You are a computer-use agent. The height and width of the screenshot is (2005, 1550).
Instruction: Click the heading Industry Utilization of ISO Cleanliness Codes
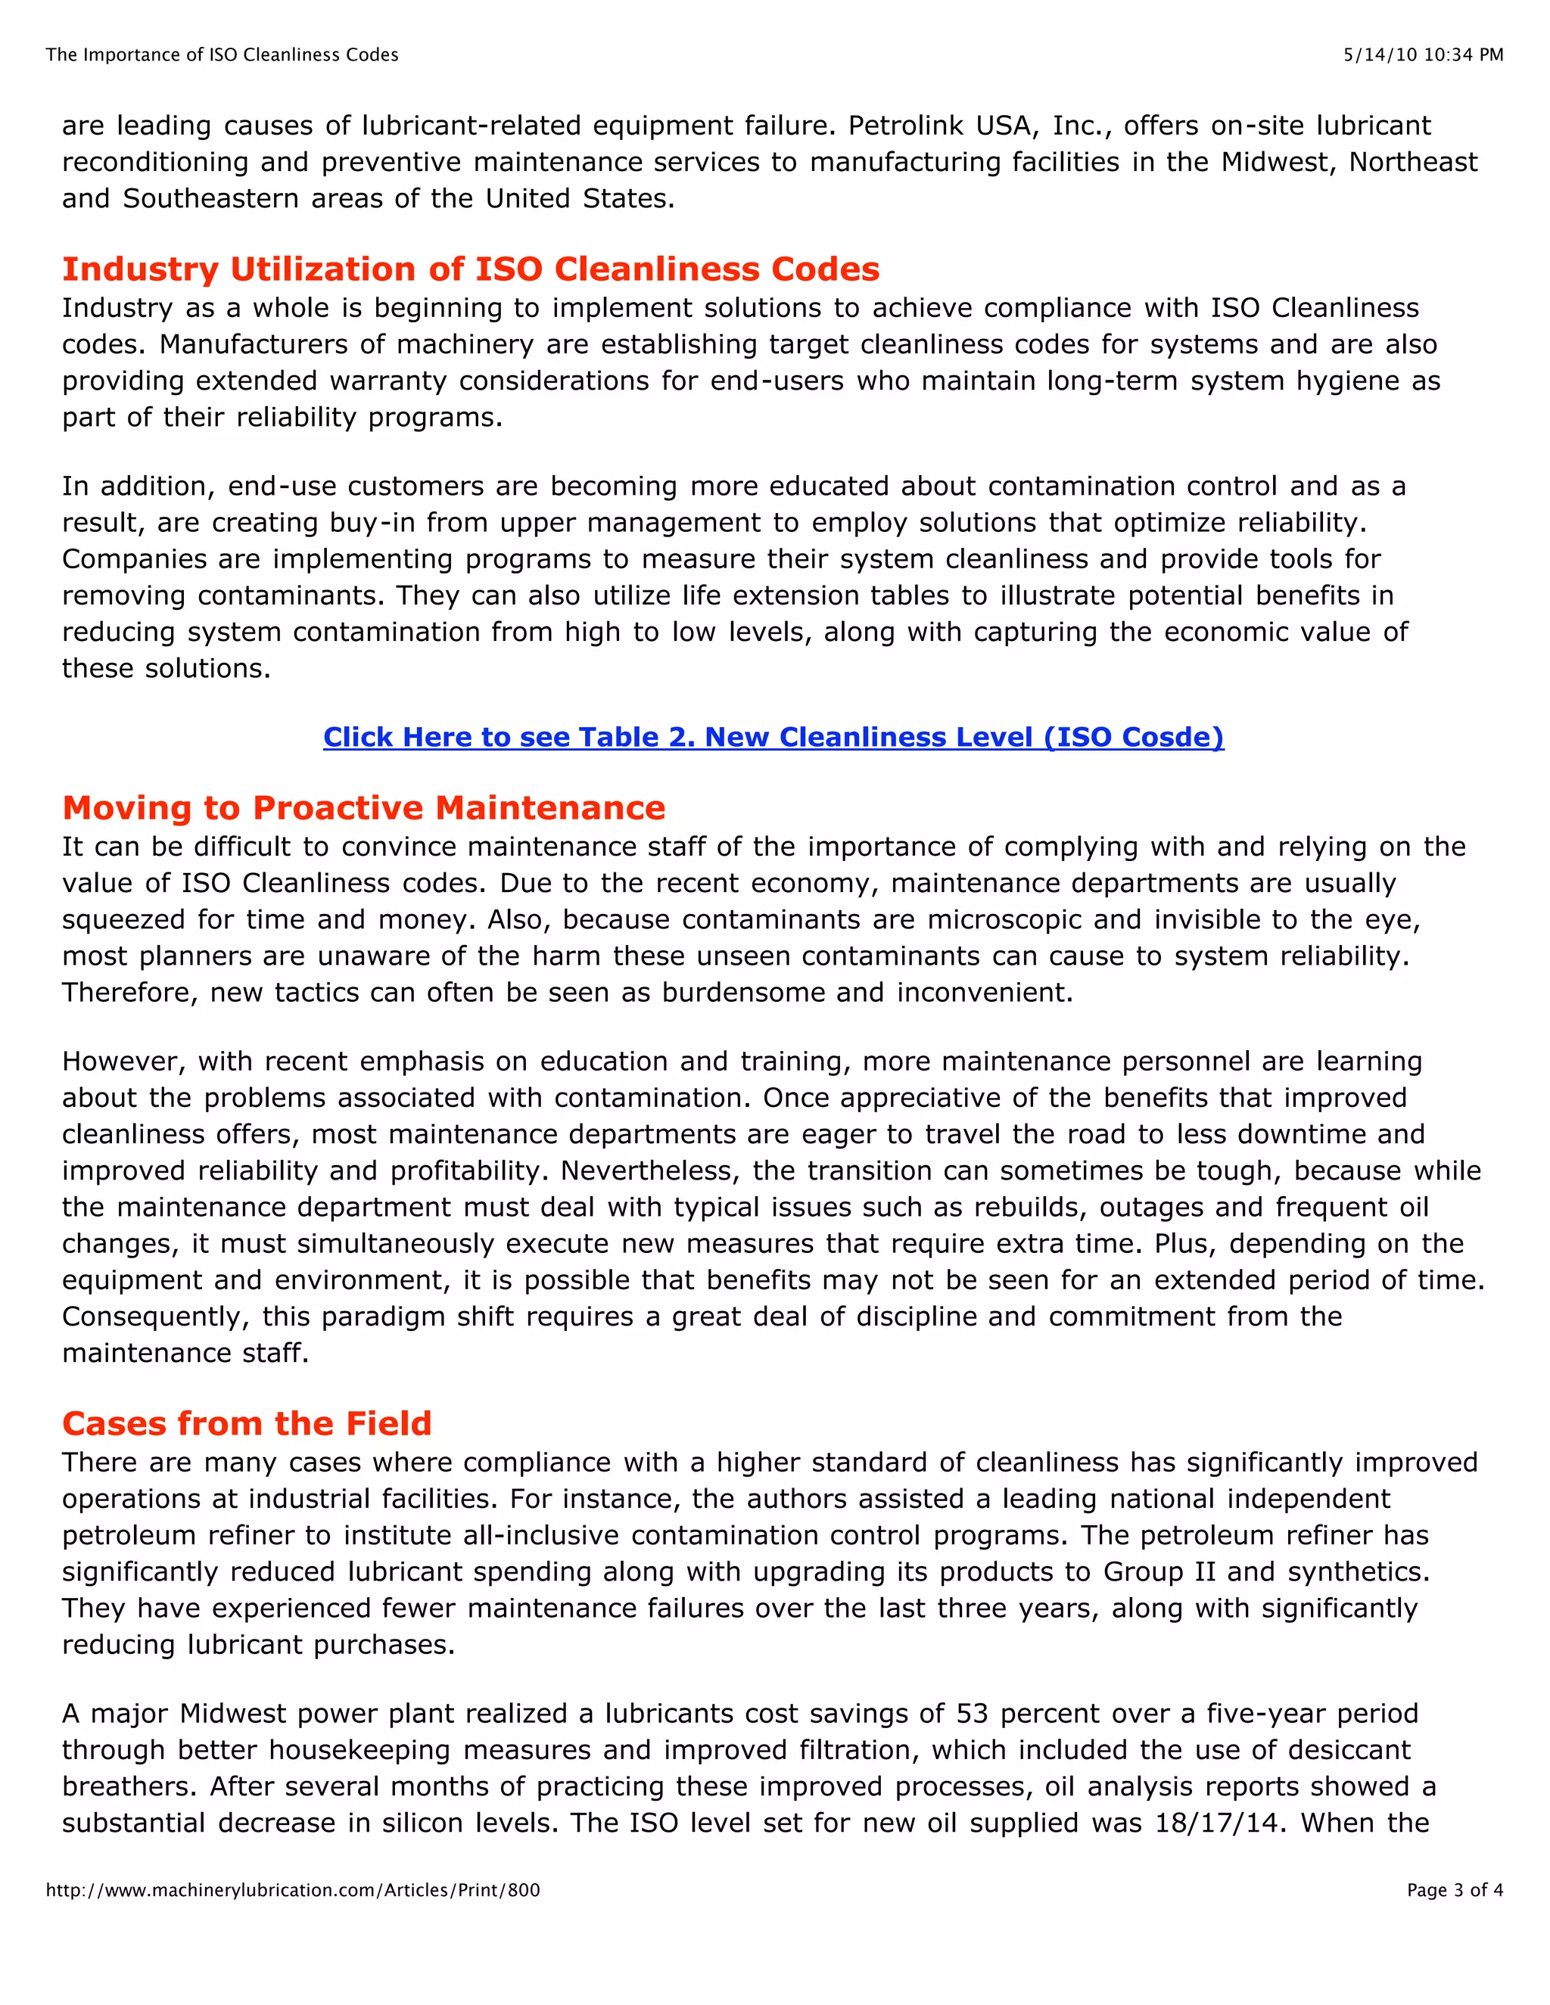pos(470,269)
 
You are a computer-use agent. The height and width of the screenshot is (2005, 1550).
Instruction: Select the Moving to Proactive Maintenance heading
pos(363,808)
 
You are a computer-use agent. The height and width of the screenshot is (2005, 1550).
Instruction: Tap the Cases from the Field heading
pos(246,1423)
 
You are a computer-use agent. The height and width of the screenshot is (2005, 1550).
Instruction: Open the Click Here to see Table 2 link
pos(773,737)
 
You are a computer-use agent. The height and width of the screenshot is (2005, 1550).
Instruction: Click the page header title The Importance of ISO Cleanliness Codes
pos(223,55)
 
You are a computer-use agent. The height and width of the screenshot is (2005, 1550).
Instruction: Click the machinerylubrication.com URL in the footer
pos(293,1890)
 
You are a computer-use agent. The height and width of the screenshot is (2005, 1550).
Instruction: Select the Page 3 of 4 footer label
pos(1455,1890)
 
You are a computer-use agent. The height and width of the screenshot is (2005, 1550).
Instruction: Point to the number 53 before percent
pos(973,1713)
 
